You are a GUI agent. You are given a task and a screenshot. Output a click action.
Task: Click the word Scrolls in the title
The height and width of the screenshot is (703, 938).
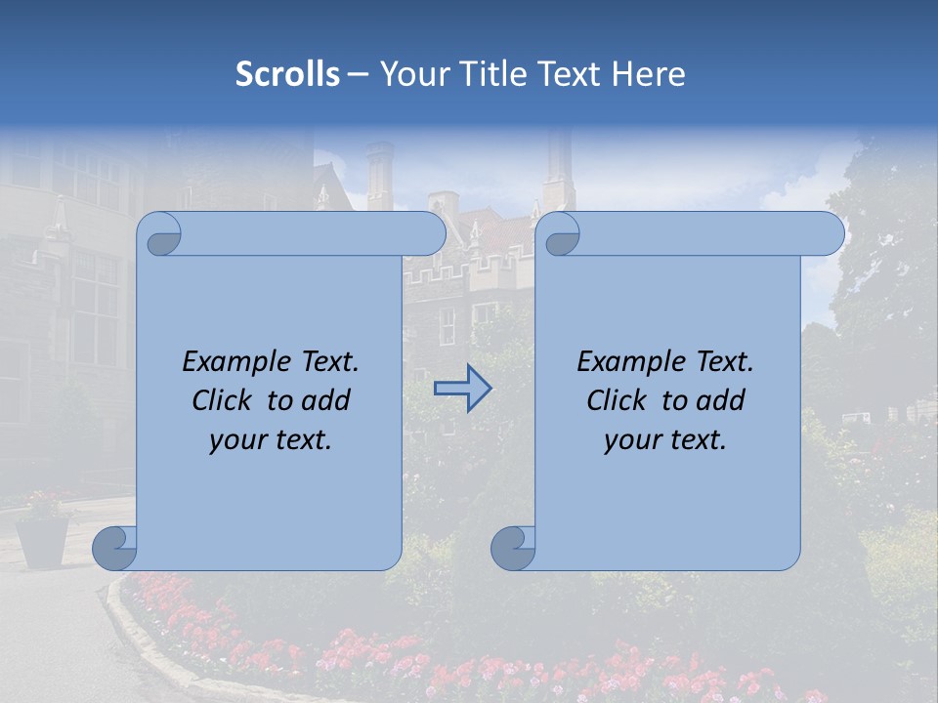point(287,74)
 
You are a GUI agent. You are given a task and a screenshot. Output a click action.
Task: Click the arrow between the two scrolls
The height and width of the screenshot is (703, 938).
point(462,388)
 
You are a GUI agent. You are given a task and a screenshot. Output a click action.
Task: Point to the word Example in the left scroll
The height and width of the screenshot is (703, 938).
point(233,362)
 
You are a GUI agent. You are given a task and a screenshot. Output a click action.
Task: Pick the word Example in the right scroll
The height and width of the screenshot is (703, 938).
point(627,362)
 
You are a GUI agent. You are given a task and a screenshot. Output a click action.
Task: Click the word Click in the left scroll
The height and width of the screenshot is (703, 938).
point(221,400)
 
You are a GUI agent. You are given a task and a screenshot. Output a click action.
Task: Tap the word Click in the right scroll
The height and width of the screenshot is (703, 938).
point(616,400)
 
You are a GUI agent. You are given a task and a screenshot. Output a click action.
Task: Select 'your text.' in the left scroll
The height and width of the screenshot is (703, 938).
point(270,440)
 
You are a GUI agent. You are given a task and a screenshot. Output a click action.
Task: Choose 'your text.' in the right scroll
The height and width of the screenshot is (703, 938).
point(664,440)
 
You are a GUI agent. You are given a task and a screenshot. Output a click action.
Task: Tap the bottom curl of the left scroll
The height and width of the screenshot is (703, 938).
point(113,548)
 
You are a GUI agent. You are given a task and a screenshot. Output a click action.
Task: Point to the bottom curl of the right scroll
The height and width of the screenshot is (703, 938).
point(512,548)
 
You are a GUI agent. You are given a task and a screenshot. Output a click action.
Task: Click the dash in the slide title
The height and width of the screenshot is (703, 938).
point(359,75)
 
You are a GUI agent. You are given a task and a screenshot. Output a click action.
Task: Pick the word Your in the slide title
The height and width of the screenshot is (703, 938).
point(411,74)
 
